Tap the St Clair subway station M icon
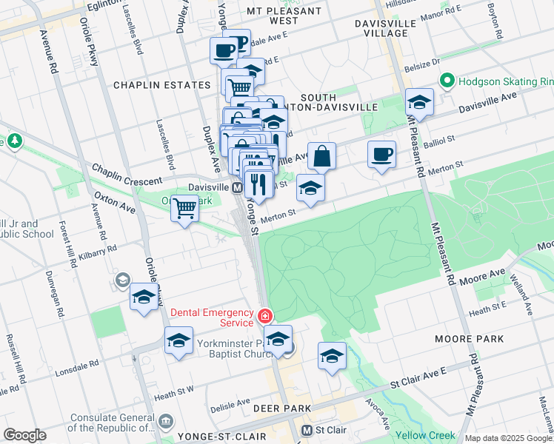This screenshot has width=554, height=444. [307, 430]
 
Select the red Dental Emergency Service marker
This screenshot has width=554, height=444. [264, 317]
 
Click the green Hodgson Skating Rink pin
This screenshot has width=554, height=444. [447, 81]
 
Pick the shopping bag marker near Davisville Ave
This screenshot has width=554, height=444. [321, 157]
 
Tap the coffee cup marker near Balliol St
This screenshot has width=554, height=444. [381, 155]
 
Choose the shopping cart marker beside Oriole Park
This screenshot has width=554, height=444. [184, 209]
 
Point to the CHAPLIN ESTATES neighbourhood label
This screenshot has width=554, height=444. [161, 85]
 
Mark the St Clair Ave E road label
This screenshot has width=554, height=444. [422, 383]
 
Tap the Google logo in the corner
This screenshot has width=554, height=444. [24, 435]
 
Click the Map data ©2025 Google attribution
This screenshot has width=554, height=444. [507, 438]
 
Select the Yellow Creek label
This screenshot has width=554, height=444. [426, 435]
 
